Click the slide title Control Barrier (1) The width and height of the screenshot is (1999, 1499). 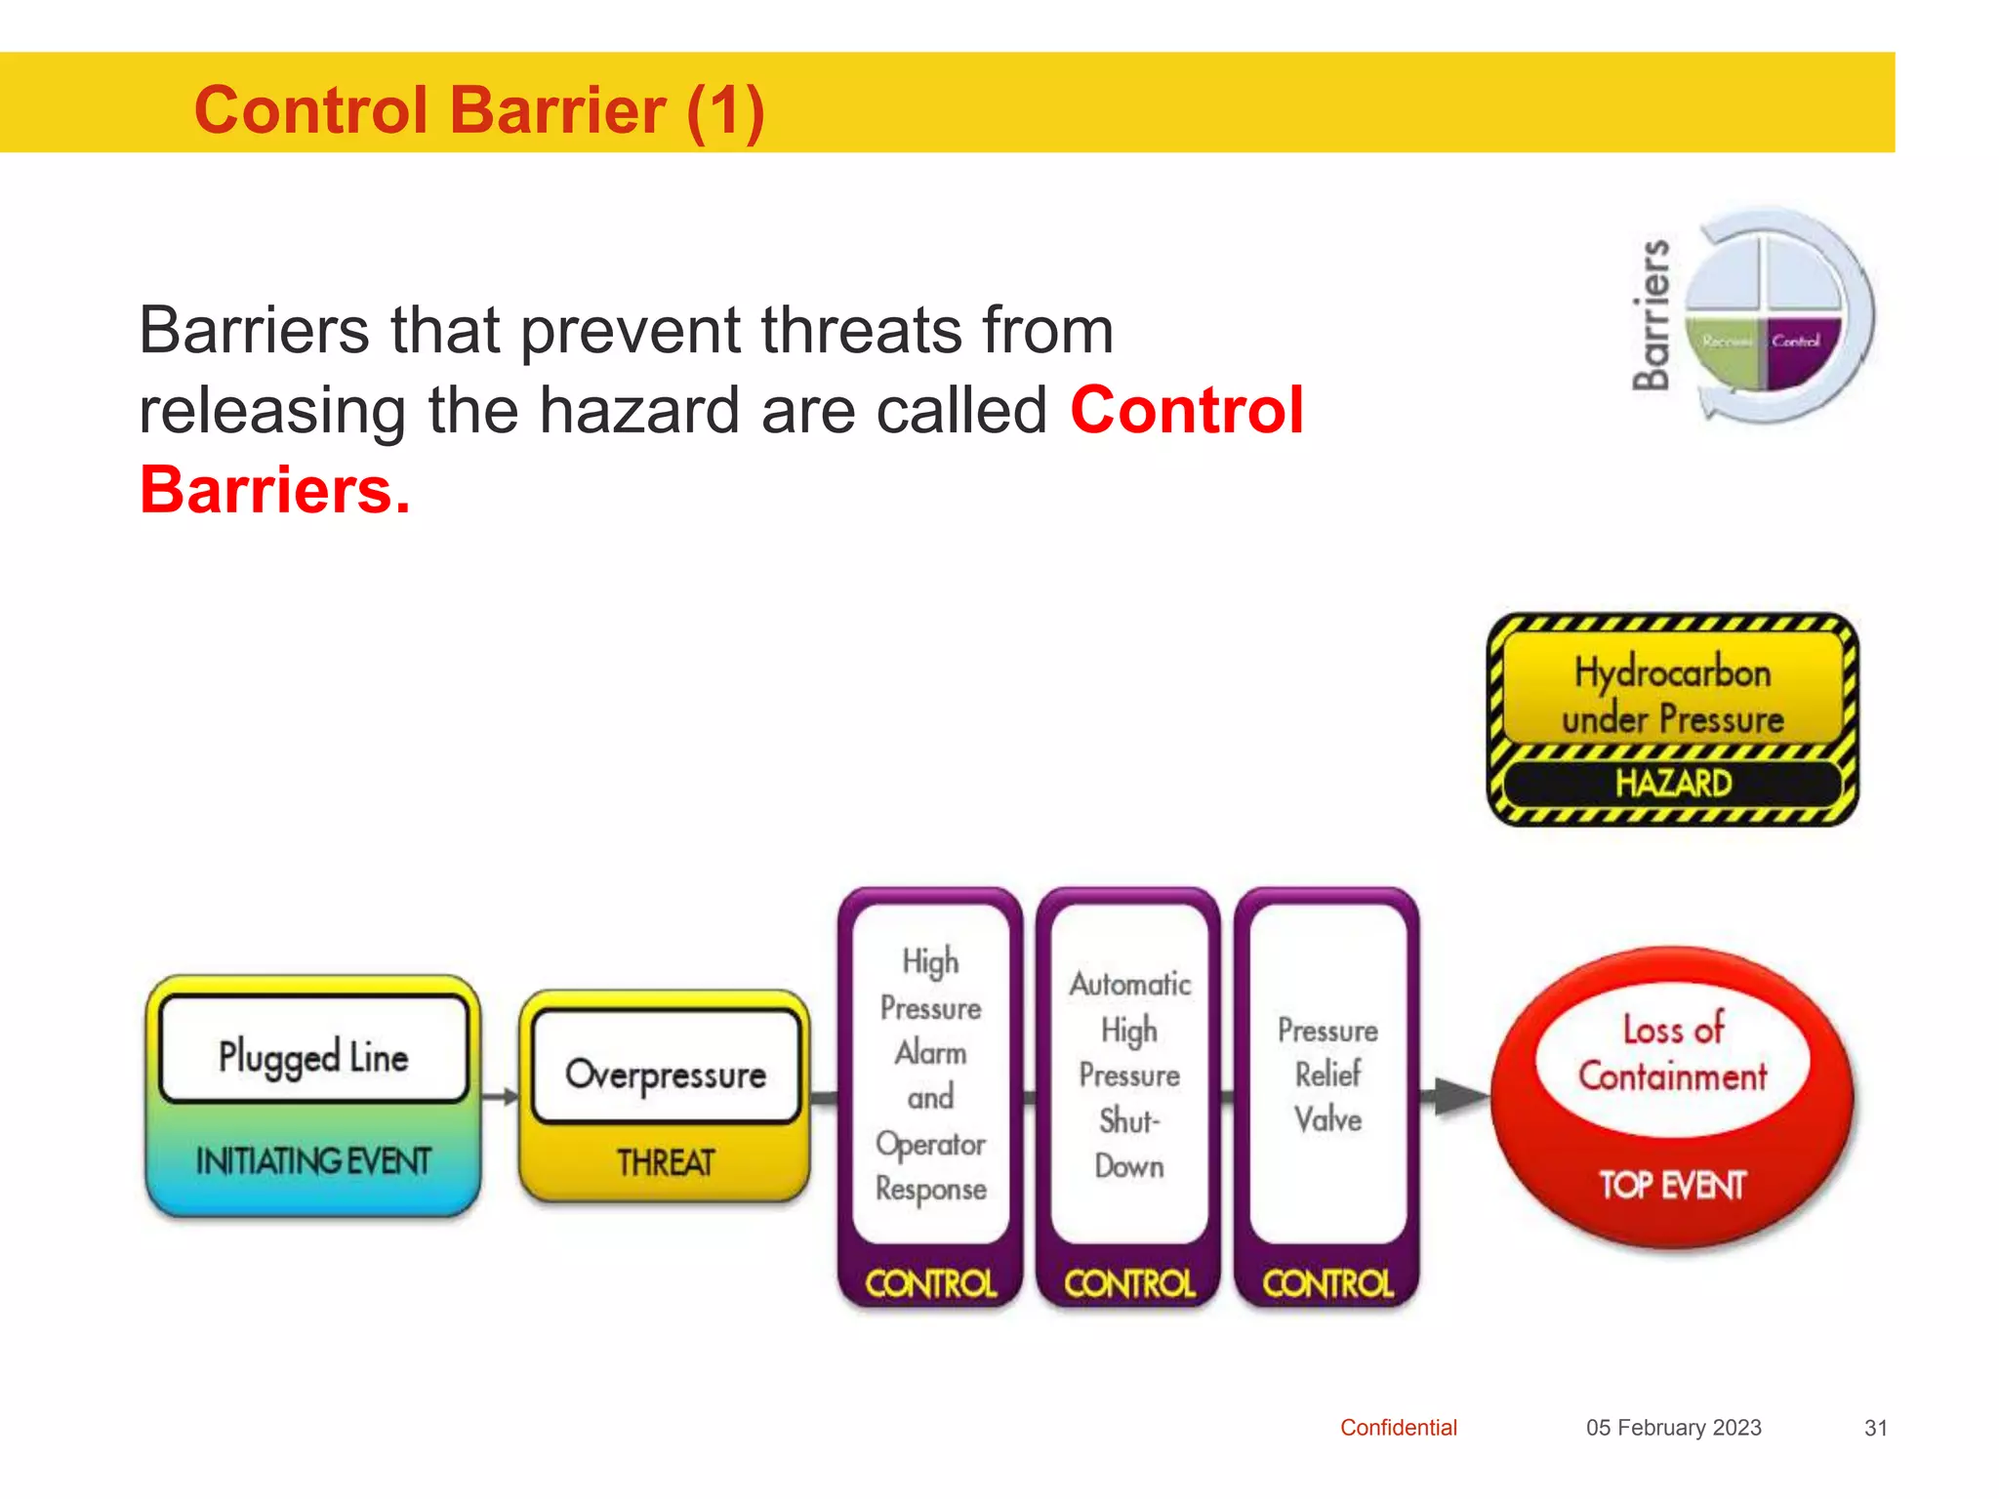478,109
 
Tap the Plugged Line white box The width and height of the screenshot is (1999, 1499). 313,1055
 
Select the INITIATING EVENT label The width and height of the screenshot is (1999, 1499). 313,1161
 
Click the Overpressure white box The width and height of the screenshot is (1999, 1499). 666,1074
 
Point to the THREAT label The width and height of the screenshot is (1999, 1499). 666,1162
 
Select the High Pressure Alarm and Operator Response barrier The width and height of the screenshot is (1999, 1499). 930,1074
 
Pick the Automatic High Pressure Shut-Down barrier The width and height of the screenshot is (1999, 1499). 1129,1074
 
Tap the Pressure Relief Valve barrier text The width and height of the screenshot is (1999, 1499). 1327,1074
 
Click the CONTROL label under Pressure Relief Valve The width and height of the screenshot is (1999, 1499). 1327,1282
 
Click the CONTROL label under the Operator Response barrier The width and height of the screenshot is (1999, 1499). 930,1282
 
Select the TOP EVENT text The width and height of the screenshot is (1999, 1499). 1672,1185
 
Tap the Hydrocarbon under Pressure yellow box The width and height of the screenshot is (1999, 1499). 1672,695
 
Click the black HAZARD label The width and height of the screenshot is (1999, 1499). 1672,783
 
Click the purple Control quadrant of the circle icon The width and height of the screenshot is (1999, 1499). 1798,349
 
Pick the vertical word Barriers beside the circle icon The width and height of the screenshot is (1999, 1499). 1652,314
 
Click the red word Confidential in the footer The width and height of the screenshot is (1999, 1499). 1398,1428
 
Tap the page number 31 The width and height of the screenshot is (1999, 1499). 1875,1428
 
